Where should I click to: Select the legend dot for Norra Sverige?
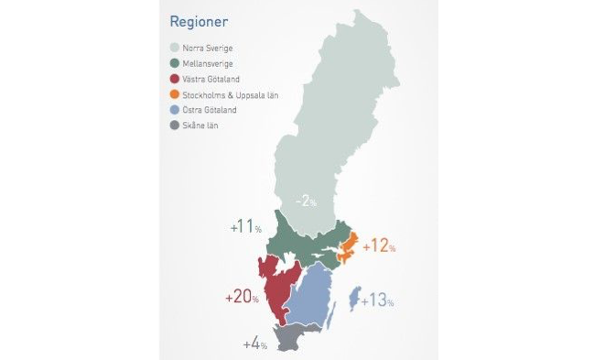point(175,48)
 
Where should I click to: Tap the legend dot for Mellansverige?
point(175,63)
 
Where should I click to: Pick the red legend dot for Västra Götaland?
point(175,79)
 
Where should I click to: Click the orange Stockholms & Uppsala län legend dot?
point(175,94)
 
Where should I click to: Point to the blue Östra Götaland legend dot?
point(175,110)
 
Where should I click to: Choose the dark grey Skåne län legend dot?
point(175,125)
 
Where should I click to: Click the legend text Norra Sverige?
point(208,48)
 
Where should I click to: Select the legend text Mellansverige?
point(208,63)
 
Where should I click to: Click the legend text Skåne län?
point(201,125)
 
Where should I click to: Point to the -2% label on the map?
point(304,201)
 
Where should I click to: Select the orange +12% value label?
point(379,246)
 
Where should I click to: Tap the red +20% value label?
point(242,297)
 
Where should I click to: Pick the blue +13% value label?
point(378,300)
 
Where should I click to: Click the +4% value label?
point(254,344)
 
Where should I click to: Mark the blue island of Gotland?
point(354,299)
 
